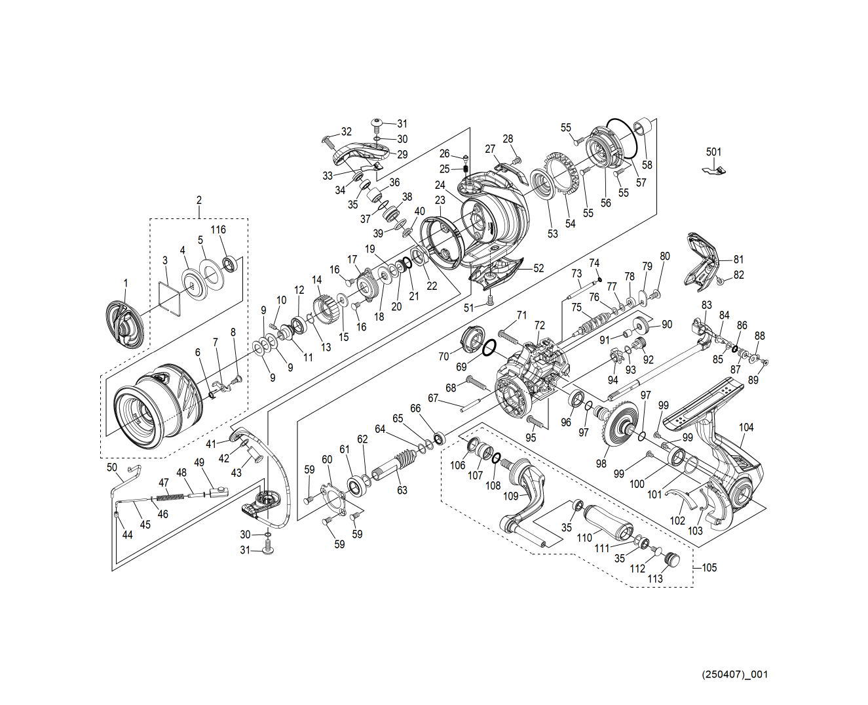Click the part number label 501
pyautogui.click(x=713, y=152)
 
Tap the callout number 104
pyautogui.click(x=746, y=428)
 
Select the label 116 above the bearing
pyautogui.click(x=218, y=230)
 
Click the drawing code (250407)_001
pyautogui.click(x=734, y=674)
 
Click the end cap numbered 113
pyautogui.click(x=671, y=559)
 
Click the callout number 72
pyautogui.click(x=539, y=325)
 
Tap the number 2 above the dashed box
pyautogui.click(x=199, y=200)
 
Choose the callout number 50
pyautogui.click(x=112, y=467)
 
